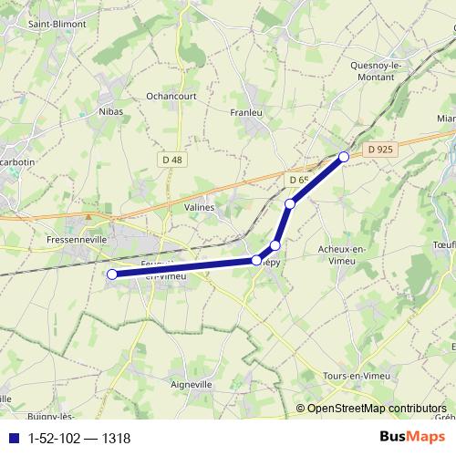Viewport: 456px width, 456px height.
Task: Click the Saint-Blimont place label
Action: tap(52, 25)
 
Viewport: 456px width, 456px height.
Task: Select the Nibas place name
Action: tap(109, 111)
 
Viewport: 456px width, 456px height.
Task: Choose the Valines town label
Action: tap(200, 208)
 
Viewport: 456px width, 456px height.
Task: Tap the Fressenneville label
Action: tap(77, 239)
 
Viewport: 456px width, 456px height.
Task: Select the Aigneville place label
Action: tap(191, 385)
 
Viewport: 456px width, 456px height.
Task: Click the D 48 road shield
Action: tap(171, 160)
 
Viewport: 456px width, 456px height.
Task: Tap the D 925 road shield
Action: tap(381, 148)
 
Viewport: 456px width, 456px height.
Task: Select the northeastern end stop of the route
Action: tap(344, 157)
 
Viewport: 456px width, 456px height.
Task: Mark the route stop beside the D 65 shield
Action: tap(290, 203)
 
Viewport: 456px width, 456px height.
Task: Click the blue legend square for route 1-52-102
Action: tap(12, 439)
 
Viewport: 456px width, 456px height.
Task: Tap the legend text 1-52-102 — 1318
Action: tap(80, 439)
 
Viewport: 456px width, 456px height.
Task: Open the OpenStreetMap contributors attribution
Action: tap(377, 409)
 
